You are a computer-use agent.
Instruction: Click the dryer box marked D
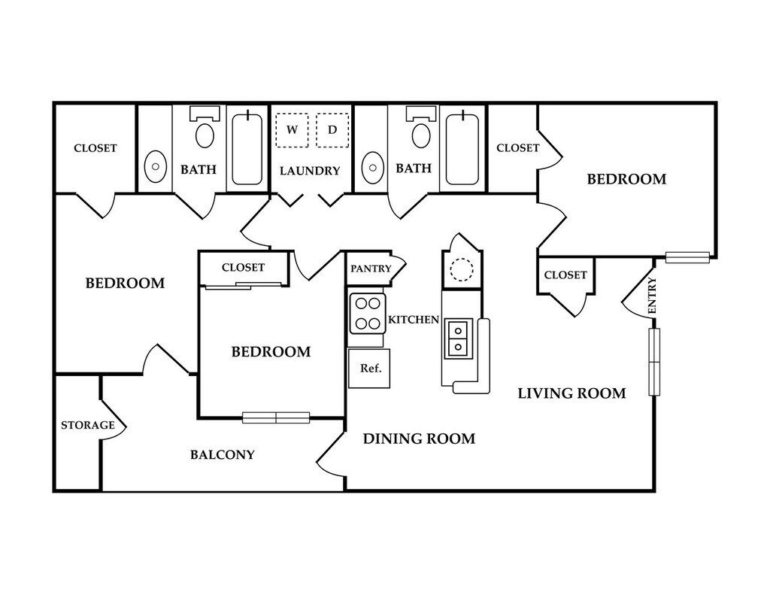[x=332, y=130]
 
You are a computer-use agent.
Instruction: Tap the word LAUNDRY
[x=310, y=171]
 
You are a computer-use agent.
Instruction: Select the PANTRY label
[x=371, y=269]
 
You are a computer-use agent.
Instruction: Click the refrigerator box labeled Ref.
[x=370, y=369]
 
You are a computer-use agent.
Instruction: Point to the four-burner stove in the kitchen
[x=367, y=314]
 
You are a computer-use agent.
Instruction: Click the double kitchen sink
[x=457, y=337]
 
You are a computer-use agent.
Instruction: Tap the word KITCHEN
[x=413, y=320]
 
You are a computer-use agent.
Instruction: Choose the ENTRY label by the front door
[x=651, y=296]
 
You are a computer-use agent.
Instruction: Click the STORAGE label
[x=87, y=425]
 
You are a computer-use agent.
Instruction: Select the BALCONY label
[x=222, y=454]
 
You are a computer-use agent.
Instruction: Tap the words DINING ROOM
[x=419, y=439]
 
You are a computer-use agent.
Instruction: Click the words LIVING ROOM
[x=571, y=393]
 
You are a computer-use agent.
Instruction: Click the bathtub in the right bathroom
[x=462, y=148]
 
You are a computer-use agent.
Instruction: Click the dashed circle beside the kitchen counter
[x=459, y=269]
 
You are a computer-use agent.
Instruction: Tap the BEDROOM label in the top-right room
[x=626, y=179]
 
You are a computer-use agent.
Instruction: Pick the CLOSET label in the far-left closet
[x=95, y=147]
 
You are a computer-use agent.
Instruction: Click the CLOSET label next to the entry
[x=565, y=275]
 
